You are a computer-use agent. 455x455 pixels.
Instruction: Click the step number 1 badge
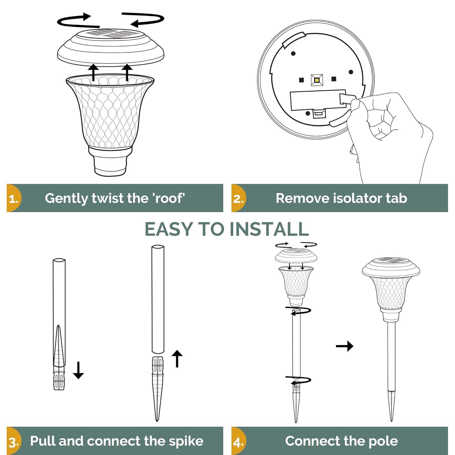(x=14, y=199)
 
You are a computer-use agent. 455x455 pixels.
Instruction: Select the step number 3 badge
(x=14, y=442)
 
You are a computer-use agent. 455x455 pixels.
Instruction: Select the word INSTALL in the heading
(x=269, y=229)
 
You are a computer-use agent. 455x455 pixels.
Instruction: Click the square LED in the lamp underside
(x=317, y=80)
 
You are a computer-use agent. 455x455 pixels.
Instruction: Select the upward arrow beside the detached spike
(x=177, y=359)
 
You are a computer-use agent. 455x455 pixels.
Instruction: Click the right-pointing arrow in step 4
(x=345, y=346)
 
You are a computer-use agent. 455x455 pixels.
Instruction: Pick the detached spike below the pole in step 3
(x=157, y=388)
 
